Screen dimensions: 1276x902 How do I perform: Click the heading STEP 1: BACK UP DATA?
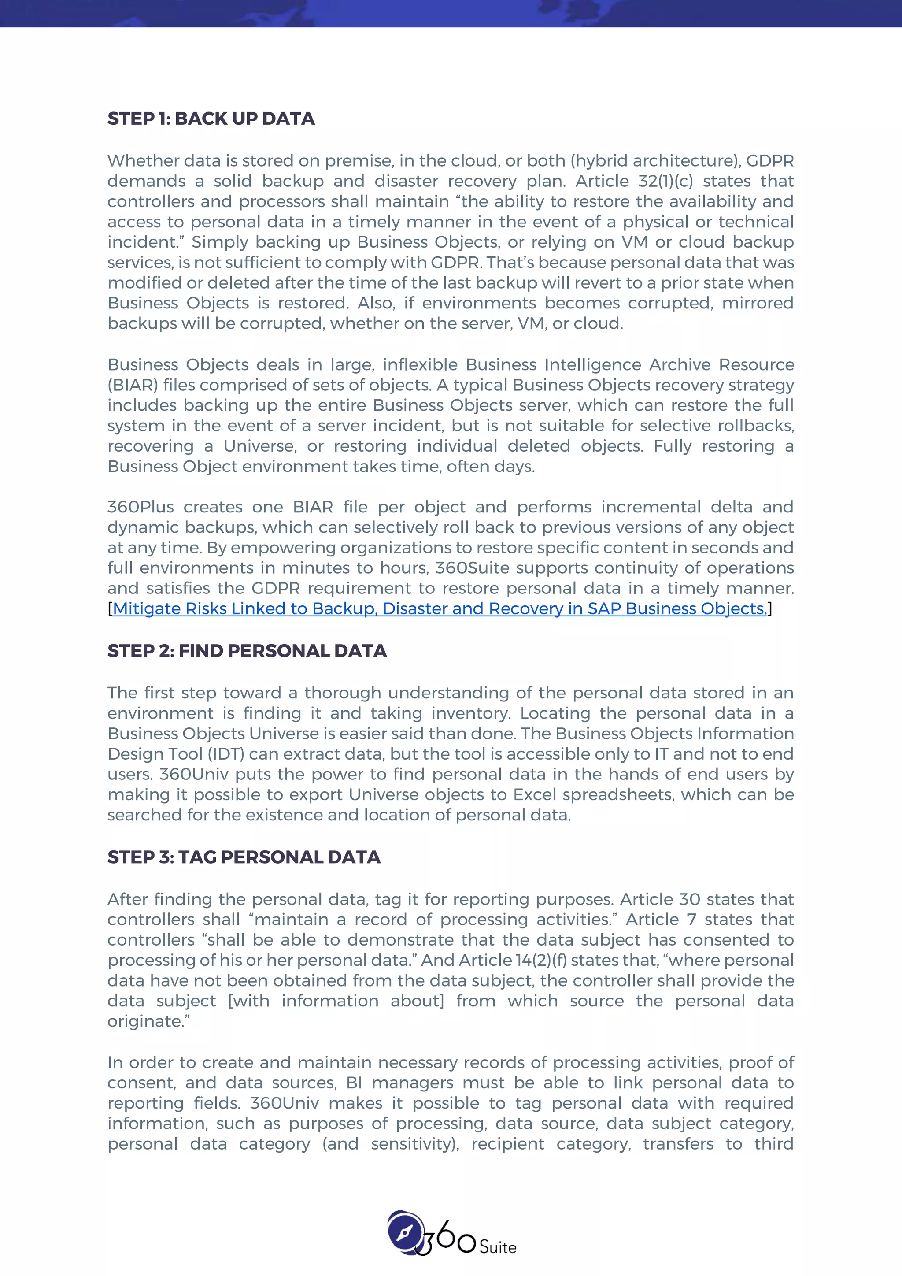pyautogui.click(x=211, y=119)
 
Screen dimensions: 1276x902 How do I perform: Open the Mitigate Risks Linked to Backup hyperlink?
pyautogui.click(x=439, y=608)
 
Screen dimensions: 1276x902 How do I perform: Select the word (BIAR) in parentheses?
pyautogui.click(x=132, y=385)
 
